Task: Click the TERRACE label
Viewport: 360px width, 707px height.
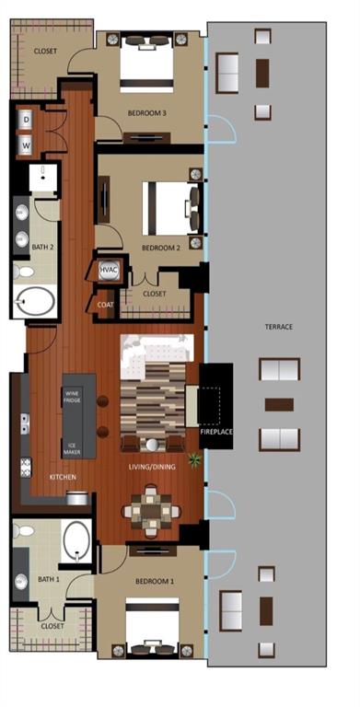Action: tap(278, 326)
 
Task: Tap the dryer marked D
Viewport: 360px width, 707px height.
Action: tap(26, 120)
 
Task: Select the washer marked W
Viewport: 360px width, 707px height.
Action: tap(26, 145)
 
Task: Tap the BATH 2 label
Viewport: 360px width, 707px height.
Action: tap(42, 247)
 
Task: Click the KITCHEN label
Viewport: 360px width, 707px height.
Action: tap(62, 477)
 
